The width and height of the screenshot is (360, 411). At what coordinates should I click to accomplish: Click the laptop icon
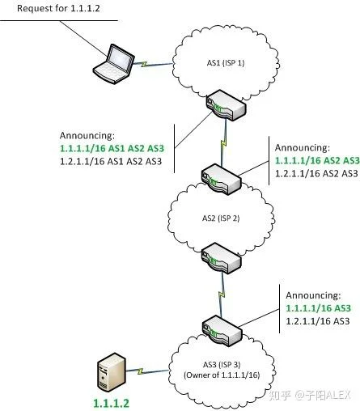point(113,64)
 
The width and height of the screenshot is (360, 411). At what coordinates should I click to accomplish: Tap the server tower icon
point(112,373)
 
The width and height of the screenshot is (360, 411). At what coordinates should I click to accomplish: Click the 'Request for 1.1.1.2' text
point(58,8)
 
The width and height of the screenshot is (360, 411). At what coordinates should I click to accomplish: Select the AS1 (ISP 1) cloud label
point(226,63)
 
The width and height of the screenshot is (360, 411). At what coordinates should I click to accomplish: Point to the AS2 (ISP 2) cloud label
point(221,218)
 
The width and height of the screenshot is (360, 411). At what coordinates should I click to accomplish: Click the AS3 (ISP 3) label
point(222,365)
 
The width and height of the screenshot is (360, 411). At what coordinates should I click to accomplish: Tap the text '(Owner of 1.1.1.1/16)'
point(222,375)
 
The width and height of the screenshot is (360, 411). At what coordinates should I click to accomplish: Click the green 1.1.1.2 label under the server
point(111,403)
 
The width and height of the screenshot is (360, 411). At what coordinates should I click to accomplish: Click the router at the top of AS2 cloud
point(221,179)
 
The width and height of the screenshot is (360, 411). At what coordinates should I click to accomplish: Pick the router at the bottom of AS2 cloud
point(221,258)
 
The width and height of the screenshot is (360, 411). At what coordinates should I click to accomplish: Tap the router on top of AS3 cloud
point(222,333)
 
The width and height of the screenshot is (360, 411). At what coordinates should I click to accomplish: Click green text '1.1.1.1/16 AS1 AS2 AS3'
point(112,148)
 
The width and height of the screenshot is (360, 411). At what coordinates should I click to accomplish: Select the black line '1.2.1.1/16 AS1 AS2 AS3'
point(111,161)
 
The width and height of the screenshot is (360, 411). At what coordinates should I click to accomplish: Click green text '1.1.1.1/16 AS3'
point(318,308)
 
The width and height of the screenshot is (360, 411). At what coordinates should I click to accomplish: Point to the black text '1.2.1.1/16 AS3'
point(318,321)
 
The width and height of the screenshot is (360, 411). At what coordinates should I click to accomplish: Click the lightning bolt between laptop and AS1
point(144,64)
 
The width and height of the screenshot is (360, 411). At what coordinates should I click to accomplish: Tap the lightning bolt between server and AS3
point(140,371)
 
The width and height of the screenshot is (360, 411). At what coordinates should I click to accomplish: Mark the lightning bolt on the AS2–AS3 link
point(222,294)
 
